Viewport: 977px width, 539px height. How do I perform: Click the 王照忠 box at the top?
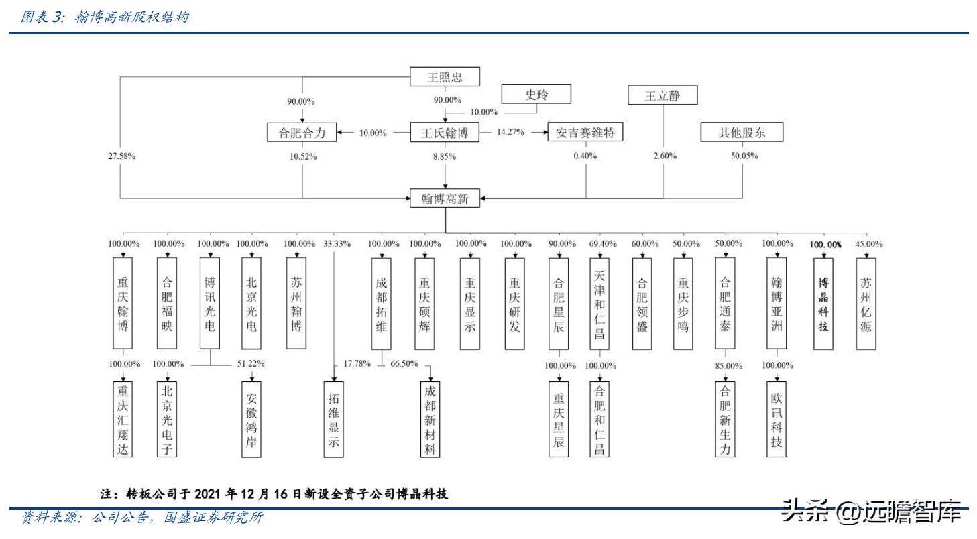[445, 76]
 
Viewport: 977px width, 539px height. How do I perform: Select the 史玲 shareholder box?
[536, 94]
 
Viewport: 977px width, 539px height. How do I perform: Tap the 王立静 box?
[663, 95]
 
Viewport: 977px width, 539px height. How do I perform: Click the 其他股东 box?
[742, 132]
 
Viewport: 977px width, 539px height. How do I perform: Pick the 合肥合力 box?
[302, 132]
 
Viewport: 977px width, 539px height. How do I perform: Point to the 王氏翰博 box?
[445, 132]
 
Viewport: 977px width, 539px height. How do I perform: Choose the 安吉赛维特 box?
[585, 132]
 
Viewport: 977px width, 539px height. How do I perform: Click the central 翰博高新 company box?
[445, 198]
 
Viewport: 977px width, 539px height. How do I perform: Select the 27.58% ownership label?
[121, 156]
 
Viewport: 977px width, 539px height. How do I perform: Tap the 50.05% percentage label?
[743, 156]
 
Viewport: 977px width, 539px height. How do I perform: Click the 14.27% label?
[510, 133]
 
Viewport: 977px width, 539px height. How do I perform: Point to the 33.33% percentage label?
[337, 243]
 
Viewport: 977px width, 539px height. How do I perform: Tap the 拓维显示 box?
[333, 419]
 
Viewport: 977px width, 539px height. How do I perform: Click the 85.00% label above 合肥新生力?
[728, 366]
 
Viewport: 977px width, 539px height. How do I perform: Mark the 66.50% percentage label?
[404, 364]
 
